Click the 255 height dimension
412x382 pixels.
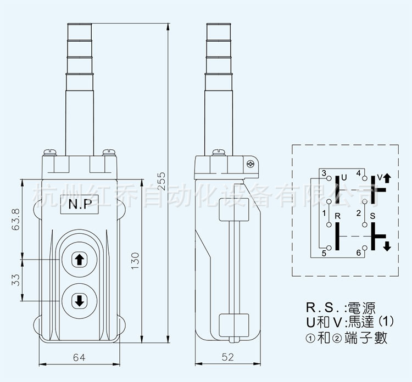[174, 179]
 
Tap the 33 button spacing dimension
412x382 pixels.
[16, 279]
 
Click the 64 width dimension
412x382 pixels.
[79, 357]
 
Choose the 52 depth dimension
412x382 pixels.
[228, 357]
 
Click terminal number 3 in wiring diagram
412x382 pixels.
[324, 173]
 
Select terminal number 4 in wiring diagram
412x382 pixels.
[359, 173]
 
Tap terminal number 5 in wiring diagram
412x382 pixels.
[324, 253]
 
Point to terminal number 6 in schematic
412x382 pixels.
[359, 253]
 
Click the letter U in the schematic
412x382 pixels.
[344, 178]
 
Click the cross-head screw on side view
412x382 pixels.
[251, 164]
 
